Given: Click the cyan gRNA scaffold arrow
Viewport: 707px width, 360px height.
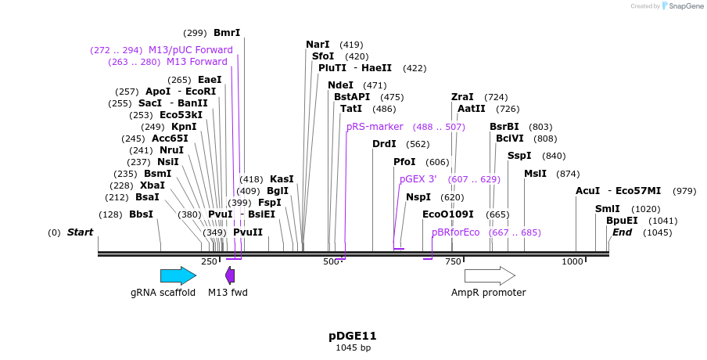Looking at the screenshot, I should [178, 275].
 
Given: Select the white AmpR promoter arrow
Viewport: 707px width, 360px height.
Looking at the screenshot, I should [490, 275].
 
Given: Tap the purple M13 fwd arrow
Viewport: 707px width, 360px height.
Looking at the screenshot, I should [230, 275].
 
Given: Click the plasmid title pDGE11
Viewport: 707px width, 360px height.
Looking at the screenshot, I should [353, 336].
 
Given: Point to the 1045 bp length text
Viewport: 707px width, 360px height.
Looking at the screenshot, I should [353, 347].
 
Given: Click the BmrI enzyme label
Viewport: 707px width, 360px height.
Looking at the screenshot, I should [227, 33].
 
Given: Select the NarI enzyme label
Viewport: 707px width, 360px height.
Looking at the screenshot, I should [318, 45].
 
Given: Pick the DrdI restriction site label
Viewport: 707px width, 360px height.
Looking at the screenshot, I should [384, 144].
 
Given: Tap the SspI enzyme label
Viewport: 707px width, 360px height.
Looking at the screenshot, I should [519, 156].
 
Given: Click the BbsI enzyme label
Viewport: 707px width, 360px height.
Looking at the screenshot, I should [141, 214].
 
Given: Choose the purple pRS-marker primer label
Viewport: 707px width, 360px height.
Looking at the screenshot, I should [375, 127].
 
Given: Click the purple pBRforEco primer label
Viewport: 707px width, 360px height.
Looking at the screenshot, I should [455, 232].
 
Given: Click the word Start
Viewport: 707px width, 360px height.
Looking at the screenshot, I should [80, 232].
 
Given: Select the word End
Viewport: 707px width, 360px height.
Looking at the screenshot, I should [622, 232].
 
